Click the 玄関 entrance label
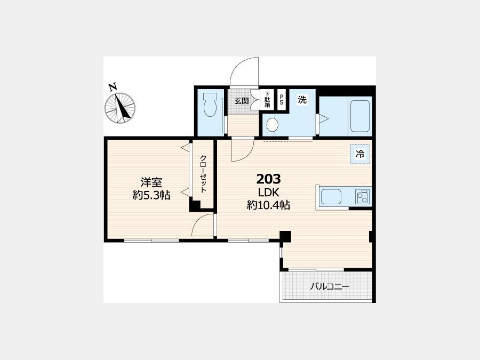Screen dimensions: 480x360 tap(242, 101)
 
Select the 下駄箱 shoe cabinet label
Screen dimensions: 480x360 tap(267, 100)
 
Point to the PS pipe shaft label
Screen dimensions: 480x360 tap(281, 99)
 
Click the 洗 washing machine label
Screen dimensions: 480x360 tap(302, 100)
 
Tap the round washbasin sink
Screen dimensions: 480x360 tap(272, 125)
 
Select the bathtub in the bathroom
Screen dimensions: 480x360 tap(360, 116)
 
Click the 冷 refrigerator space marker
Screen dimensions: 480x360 tap(361, 154)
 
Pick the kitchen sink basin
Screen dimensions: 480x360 tap(331, 196)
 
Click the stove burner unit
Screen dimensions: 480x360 tap(363, 196)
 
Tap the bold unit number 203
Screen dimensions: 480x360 tap(268, 179)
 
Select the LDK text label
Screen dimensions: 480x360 tap(268, 193)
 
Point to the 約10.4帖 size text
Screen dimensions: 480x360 tap(268, 205)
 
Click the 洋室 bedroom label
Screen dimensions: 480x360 tap(151, 182)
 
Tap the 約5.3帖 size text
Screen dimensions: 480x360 tap(151, 195)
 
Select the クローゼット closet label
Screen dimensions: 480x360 tap(203, 174)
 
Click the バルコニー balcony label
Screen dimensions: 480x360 tap(330, 286)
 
